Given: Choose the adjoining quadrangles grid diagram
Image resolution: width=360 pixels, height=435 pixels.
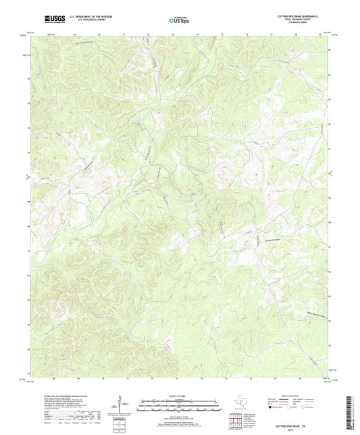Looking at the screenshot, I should [234, 420].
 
